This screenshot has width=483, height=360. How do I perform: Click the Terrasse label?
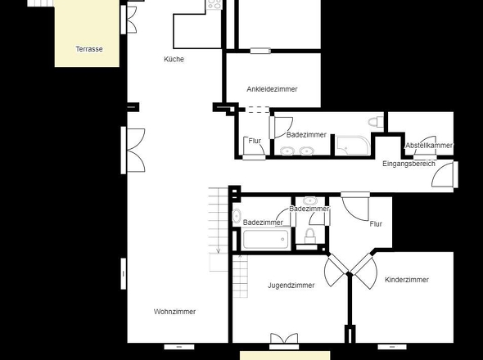pyautogui.click(x=89, y=49)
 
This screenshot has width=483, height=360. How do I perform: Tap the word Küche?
pyautogui.click(x=174, y=59)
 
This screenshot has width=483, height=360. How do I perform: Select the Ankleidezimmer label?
pyautogui.click(x=272, y=89)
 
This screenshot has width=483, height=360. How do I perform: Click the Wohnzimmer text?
pyautogui.click(x=174, y=312)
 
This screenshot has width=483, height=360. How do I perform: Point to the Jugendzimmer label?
pyautogui.click(x=291, y=286)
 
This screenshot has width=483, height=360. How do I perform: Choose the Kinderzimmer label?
pyautogui.click(x=407, y=280)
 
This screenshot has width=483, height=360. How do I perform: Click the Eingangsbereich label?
pyautogui.click(x=409, y=164)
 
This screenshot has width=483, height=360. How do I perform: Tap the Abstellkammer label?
pyautogui.click(x=429, y=146)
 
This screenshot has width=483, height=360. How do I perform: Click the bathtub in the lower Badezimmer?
pyautogui.click(x=266, y=240)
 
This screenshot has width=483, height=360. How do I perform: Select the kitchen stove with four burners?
pyautogui.click(x=214, y=5)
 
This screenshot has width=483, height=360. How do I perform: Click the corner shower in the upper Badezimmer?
pyautogui.click(x=353, y=146)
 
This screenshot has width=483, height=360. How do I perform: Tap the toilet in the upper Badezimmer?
pyautogui.click(x=376, y=122)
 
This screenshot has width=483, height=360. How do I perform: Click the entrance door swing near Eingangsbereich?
pyautogui.click(x=442, y=174)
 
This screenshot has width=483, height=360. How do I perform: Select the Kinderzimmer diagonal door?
pyautogui.click(x=365, y=272)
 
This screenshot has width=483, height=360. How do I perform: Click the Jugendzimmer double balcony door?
pyautogui.click(x=284, y=339)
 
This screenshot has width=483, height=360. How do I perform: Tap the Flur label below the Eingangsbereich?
pyautogui.click(x=376, y=224)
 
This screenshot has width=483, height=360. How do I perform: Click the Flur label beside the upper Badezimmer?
pyautogui.click(x=255, y=141)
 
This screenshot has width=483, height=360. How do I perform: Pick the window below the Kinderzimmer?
pyautogui.click(x=392, y=347)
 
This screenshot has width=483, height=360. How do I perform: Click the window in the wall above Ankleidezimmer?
pyautogui.click(x=260, y=51)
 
